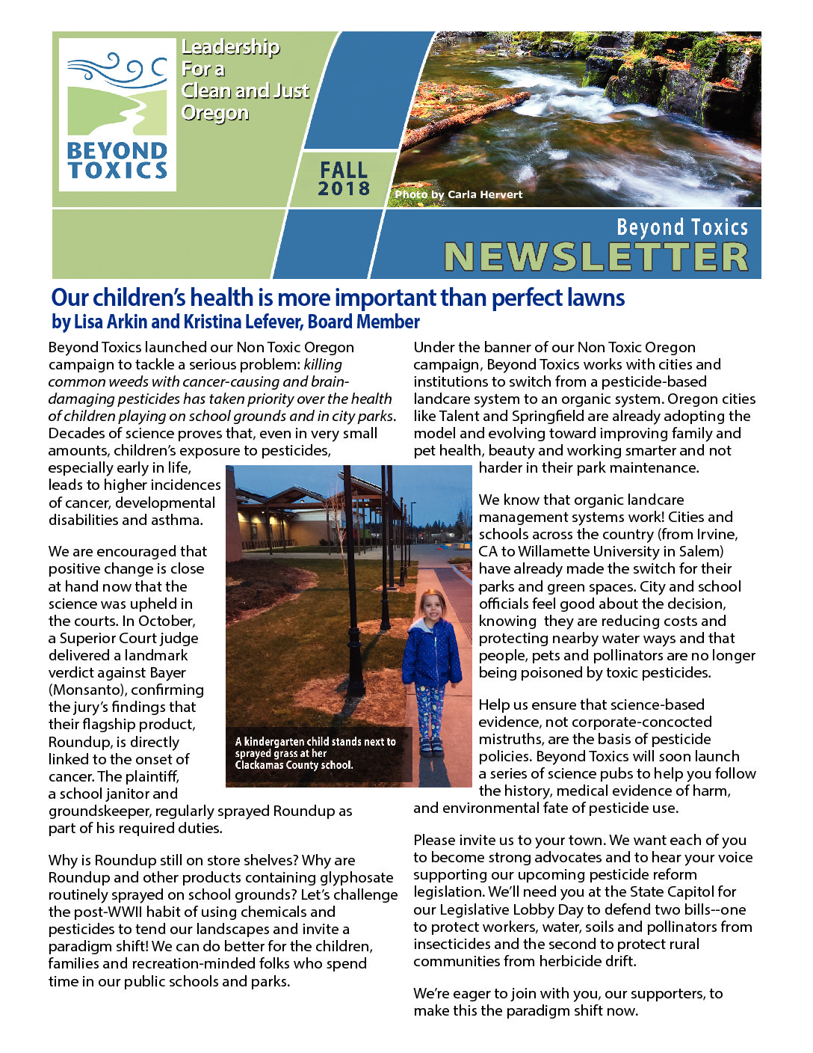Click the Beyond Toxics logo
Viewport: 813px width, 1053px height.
(117, 114)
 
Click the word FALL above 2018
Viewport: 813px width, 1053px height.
(344, 170)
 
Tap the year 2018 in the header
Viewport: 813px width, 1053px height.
(344, 188)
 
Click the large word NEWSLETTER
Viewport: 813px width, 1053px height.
(596, 257)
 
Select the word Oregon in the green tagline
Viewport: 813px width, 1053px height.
(215, 113)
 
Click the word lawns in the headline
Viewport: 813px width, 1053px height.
(596, 298)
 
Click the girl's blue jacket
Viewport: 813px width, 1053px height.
(431, 653)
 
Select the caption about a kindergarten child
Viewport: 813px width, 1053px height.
(315, 753)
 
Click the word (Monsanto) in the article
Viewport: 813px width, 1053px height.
(87, 690)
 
